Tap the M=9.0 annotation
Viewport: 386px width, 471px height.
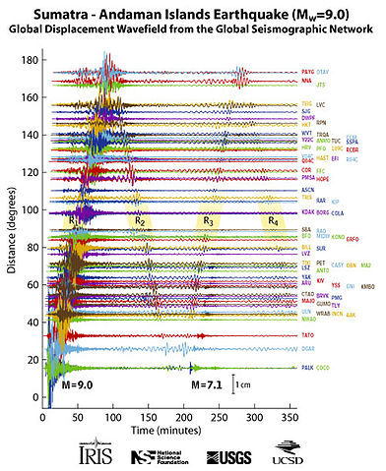(x=78, y=384)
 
